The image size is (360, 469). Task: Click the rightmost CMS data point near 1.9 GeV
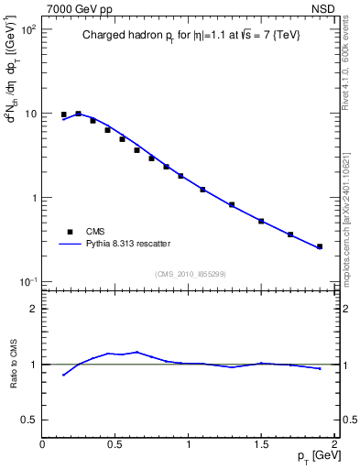(x=320, y=246)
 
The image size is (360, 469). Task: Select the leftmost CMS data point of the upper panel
(x=63, y=115)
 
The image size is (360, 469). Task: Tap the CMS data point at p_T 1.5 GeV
(x=261, y=221)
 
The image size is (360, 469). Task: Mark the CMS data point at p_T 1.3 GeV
(x=232, y=204)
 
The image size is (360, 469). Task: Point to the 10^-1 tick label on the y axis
(x=28, y=282)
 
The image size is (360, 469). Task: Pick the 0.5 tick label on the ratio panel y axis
(x=27, y=420)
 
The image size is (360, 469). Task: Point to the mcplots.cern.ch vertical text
(x=345, y=211)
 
